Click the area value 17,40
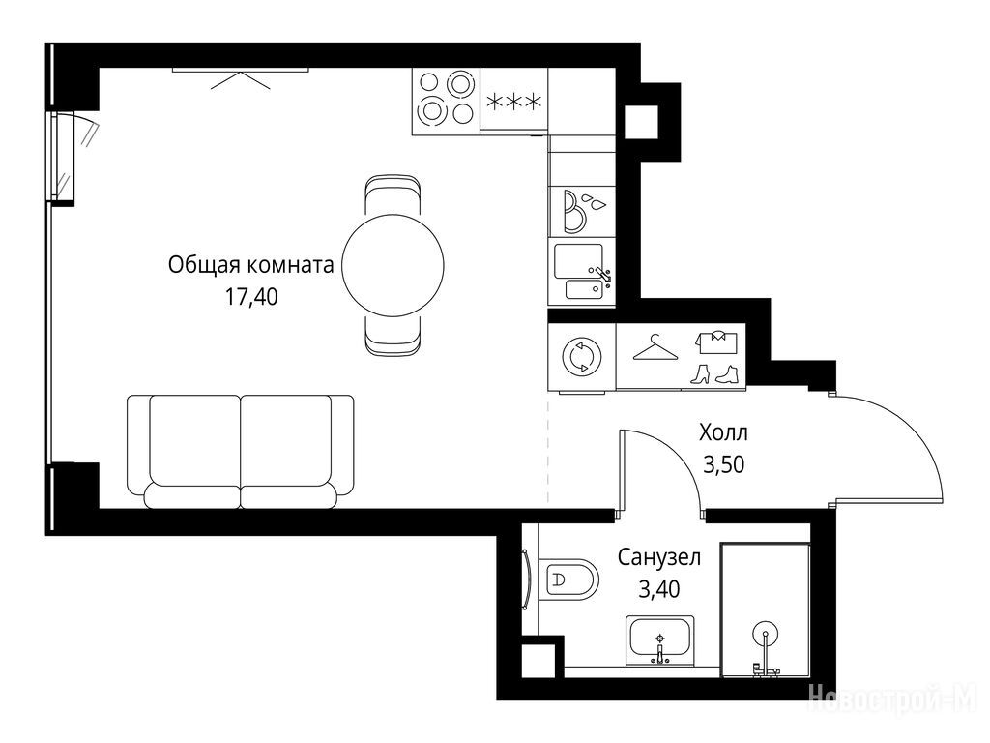pyautogui.click(x=251, y=296)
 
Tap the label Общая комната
pyautogui.click(x=250, y=265)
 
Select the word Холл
pyautogui.click(x=723, y=432)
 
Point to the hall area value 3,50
pyautogui.click(x=723, y=464)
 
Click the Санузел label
pyautogui.click(x=659, y=557)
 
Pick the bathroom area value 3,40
pyautogui.click(x=659, y=589)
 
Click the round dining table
pyautogui.click(x=393, y=265)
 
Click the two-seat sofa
pyautogui.click(x=240, y=452)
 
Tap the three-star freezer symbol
pyautogui.click(x=515, y=101)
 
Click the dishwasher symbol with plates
pyautogui.click(x=581, y=211)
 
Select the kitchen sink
pyautogui.click(x=581, y=272)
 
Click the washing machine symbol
pyautogui.click(x=581, y=357)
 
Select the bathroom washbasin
pyautogui.click(x=659, y=640)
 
